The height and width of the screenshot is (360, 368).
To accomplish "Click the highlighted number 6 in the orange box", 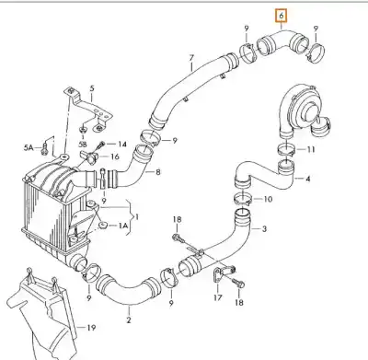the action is click(x=282, y=16).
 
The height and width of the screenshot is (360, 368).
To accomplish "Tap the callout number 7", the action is click(x=191, y=57).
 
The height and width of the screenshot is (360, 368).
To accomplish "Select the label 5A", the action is click(x=29, y=148).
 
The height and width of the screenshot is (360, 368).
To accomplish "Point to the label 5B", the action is click(x=83, y=144).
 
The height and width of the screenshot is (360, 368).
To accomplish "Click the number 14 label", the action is click(x=122, y=144).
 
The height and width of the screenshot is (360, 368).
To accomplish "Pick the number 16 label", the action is click(x=114, y=157).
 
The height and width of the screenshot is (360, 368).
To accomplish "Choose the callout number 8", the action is click(x=158, y=172).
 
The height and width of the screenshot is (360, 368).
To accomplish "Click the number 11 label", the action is click(x=311, y=150).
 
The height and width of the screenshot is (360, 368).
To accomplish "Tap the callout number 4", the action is click(x=308, y=178).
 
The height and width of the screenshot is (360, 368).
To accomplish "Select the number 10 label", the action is click(x=268, y=199).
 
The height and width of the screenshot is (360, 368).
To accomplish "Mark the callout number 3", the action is click(x=264, y=228).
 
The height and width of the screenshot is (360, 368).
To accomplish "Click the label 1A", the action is click(x=123, y=226).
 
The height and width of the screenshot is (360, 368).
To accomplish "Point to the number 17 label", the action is click(x=217, y=297).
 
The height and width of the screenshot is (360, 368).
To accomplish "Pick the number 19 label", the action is click(x=91, y=328).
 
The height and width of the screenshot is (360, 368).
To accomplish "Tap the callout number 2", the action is click(x=129, y=319).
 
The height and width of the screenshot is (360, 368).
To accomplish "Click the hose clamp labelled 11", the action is click(x=286, y=150).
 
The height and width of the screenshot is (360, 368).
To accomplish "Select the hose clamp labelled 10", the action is click(x=243, y=199).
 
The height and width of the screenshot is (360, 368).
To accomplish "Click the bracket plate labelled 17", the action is click(x=218, y=273).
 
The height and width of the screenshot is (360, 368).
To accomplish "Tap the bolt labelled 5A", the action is click(x=45, y=148).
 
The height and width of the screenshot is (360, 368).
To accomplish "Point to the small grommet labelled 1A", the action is click(x=102, y=226).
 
